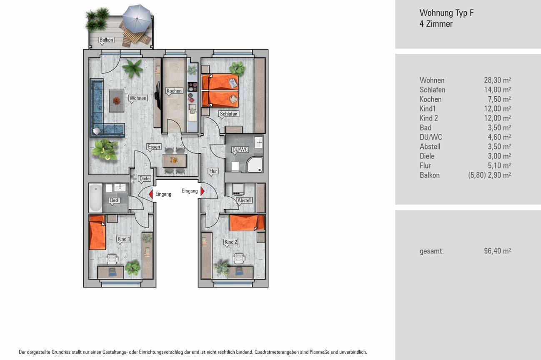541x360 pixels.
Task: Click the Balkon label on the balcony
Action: (x=106, y=40)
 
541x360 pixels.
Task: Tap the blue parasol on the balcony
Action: (x=137, y=17)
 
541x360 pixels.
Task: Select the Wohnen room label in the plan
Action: (x=138, y=98)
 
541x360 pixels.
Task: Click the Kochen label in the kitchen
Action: (x=174, y=91)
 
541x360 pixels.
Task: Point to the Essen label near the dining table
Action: (x=154, y=147)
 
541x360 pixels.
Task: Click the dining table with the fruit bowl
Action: (x=174, y=160)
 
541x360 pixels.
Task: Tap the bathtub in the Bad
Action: (x=96, y=198)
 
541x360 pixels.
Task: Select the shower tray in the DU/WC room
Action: (x=255, y=165)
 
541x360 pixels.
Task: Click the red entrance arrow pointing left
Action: (x=151, y=194)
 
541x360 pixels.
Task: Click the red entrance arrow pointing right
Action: (x=203, y=191)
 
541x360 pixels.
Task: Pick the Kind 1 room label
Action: (x=124, y=239)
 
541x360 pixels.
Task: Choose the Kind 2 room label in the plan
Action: (x=231, y=242)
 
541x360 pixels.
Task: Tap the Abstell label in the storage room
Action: (x=245, y=200)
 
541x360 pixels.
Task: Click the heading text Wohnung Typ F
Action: (x=446, y=13)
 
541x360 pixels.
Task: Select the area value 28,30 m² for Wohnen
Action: (x=498, y=80)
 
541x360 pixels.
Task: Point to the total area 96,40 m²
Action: (x=498, y=251)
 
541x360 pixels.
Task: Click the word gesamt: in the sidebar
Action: (x=432, y=251)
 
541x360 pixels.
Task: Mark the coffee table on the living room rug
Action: (x=117, y=101)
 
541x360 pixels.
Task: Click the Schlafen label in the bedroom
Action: (x=229, y=114)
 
